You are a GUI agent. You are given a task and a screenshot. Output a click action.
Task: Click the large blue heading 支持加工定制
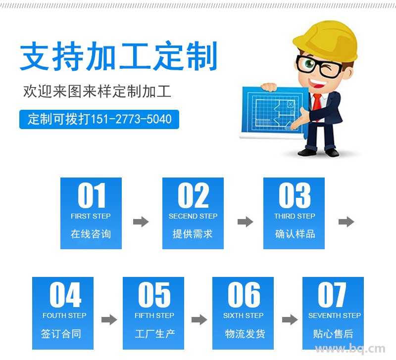pos(118,56)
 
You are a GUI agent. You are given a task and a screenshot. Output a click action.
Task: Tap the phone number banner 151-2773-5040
pos(99,119)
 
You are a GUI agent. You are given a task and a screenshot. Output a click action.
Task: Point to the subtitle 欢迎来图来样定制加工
pos(97,91)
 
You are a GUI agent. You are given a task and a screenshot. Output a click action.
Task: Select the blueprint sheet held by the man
pos(274,111)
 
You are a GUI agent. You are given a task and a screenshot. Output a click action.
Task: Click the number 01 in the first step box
pos(91,195)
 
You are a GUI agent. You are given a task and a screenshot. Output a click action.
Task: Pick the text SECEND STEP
pos(193,216)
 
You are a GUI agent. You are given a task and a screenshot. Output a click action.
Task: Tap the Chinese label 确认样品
pos(295,234)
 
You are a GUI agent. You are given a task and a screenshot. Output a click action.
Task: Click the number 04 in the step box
pos(65,294)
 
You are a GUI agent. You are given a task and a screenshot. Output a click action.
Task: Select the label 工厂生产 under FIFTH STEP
pos(154,334)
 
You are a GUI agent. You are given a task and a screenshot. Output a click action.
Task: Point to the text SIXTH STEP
pos(243,315)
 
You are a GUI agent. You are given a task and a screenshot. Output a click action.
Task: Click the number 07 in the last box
pos(332,294)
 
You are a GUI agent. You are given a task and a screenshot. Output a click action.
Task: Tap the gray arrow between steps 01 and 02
pos(141,222)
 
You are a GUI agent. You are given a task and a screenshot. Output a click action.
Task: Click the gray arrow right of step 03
pos(346,222)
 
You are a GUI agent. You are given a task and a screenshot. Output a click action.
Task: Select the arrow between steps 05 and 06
pos(199,319)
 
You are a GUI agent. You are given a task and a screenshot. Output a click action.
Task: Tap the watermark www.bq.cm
pos(350,349)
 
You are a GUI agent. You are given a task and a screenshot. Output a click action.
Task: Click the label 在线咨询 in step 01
pos(91,234)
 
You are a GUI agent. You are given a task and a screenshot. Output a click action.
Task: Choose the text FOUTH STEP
pos(64,315)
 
